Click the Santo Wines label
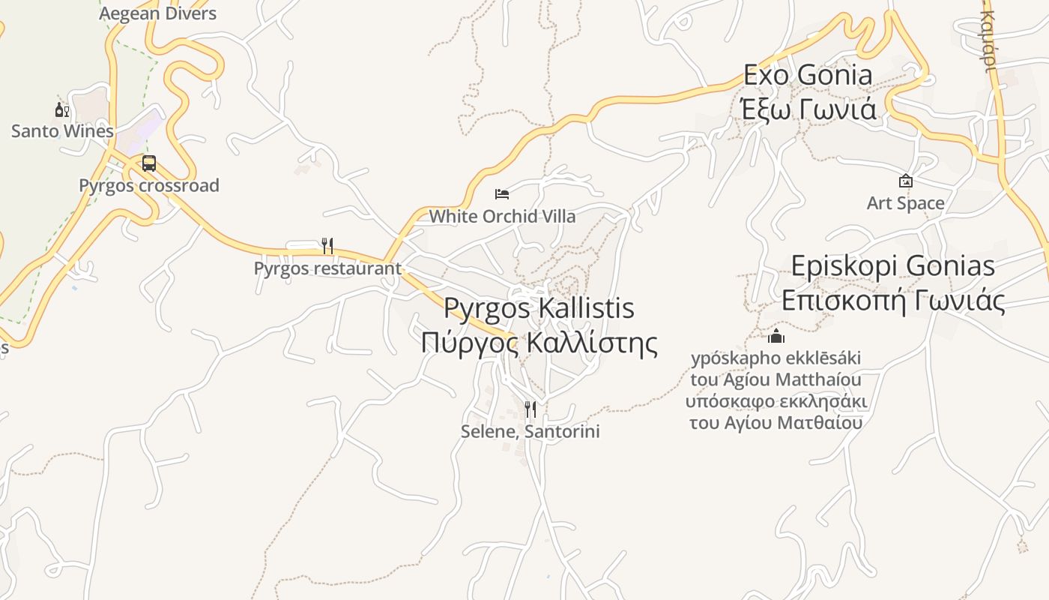[x=62, y=131]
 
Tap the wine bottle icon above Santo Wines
[x=62, y=111]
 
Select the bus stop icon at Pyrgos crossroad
[x=149, y=163]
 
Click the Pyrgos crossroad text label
[x=149, y=185]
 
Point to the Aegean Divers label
[x=157, y=13]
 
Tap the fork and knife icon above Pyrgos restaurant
[x=327, y=246]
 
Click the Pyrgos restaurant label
[x=327, y=268]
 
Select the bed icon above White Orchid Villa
[x=502, y=194]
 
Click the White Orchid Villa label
[x=502, y=217]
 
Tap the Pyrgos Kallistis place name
[x=539, y=308]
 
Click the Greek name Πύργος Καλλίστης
[x=539, y=343]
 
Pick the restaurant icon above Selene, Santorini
[x=530, y=409]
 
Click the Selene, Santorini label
[x=530, y=432]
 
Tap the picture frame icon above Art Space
[x=905, y=181]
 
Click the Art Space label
[x=905, y=203]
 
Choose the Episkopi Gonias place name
[x=893, y=266]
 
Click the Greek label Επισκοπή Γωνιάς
[x=893, y=301]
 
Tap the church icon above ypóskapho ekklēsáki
[x=776, y=335]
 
